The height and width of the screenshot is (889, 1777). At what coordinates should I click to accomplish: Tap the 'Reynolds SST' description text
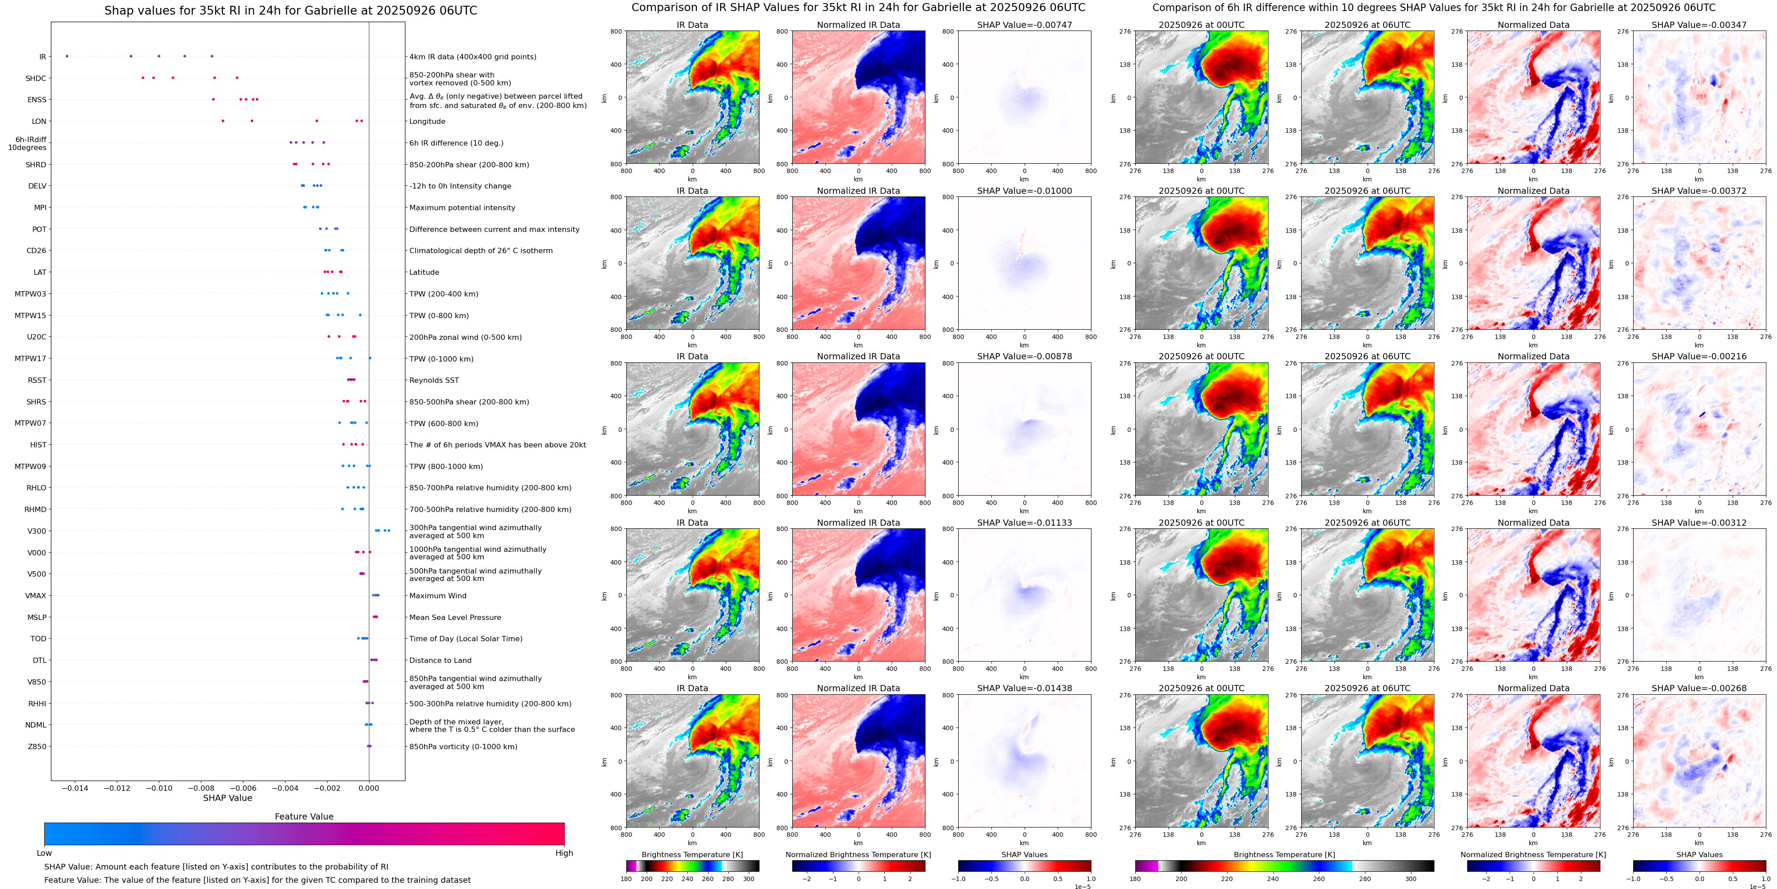[x=434, y=380]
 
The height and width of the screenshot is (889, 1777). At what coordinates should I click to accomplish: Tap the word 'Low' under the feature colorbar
[x=44, y=853]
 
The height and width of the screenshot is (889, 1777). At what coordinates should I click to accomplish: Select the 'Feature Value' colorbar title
[x=304, y=816]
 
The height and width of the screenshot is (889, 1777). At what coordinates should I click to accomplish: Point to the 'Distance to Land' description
[x=440, y=661]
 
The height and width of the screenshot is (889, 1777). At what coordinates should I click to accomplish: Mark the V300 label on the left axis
[x=37, y=531]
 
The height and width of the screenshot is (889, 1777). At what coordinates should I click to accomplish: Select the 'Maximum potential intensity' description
[x=462, y=208]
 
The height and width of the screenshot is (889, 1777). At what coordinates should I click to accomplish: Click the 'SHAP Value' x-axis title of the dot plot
[x=227, y=798]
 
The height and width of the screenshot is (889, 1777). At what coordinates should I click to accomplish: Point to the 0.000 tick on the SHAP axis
[x=369, y=788]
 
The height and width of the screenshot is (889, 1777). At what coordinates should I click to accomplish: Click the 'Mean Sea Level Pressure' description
[x=455, y=617]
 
